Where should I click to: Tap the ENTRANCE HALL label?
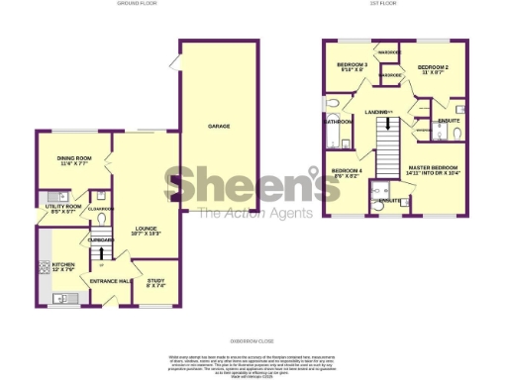click(111, 282)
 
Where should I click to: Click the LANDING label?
click(377, 112)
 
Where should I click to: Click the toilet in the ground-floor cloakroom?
click(92, 220)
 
